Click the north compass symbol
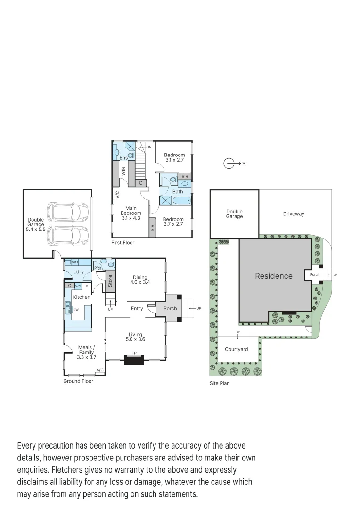(229, 163)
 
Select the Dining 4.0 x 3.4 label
(140, 280)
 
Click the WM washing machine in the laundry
(74, 263)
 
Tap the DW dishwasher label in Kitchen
(75, 310)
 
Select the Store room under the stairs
(110, 281)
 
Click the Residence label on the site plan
(274, 276)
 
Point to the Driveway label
(294, 214)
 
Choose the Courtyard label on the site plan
(236, 349)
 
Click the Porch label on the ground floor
(170, 309)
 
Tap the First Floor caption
(123, 243)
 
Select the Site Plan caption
(220, 383)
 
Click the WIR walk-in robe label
(123, 171)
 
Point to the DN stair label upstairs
(149, 147)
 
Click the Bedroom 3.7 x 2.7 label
(173, 222)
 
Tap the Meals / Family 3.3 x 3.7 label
(86, 354)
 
